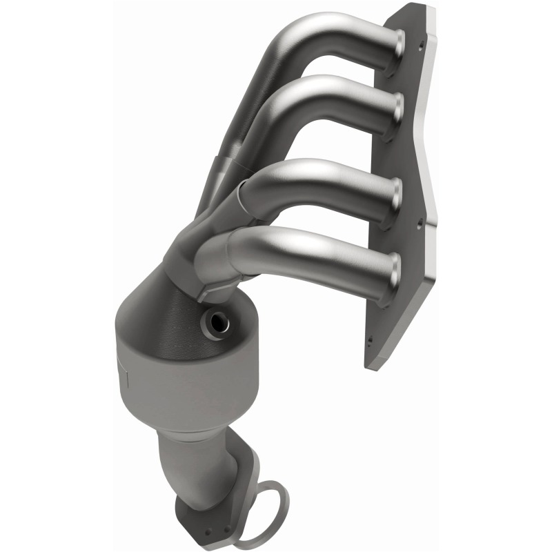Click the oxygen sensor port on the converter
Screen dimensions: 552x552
(x=219, y=322)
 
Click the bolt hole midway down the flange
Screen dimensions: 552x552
(x=419, y=224)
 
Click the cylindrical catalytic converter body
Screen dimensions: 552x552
(x=172, y=376)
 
